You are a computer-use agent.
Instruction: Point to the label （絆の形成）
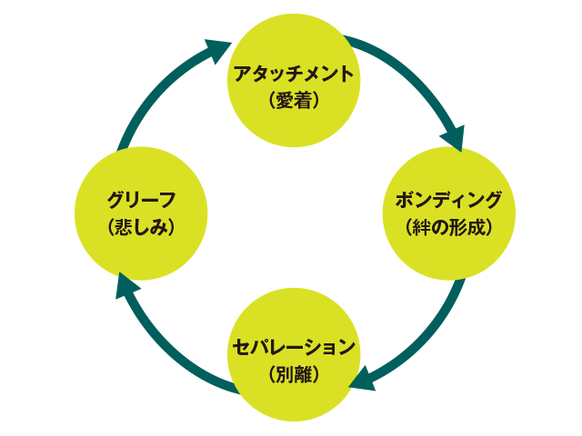(x=448, y=227)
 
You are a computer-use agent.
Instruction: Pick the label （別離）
(x=293, y=372)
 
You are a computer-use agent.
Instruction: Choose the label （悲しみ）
(x=140, y=227)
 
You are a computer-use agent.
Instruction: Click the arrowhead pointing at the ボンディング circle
(x=453, y=137)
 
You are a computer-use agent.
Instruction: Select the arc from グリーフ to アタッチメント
(x=155, y=91)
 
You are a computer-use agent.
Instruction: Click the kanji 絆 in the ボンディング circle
(x=427, y=227)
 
